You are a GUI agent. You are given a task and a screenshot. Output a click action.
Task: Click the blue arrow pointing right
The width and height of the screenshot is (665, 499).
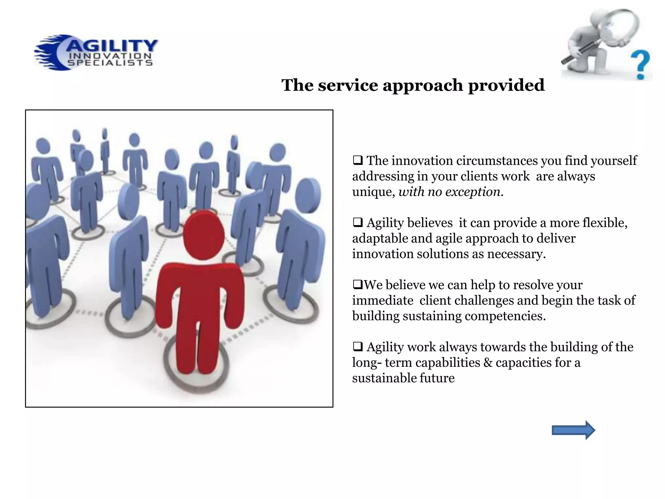click(x=573, y=430)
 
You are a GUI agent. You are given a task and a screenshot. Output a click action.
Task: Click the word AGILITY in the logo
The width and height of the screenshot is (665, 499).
click(x=112, y=46)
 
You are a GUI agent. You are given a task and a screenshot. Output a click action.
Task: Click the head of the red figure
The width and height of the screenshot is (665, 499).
click(x=204, y=235)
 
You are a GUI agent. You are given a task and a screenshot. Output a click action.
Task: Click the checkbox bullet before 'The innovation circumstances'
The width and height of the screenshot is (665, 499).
click(x=358, y=160)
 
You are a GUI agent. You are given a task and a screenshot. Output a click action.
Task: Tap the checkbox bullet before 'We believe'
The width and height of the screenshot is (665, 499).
click(x=358, y=285)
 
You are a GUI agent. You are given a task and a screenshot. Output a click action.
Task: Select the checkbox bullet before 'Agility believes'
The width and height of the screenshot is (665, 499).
click(x=358, y=223)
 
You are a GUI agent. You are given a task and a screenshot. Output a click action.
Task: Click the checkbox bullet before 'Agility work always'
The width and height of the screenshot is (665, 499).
click(x=358, y=347)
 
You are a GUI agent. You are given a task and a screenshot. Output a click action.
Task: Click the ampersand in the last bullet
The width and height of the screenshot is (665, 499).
click(x=488, y=363)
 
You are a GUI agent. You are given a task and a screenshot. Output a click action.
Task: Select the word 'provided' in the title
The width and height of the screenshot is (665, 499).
click(x=506, y=85)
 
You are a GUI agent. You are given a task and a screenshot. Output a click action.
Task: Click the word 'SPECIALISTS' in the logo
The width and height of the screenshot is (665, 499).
click(x=110, y=63)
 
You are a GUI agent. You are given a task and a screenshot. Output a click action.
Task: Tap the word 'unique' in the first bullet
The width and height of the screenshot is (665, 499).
click(x=373, y=192)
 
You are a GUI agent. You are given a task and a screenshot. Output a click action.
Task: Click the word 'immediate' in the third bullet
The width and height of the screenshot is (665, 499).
click(x=383, y=301)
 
